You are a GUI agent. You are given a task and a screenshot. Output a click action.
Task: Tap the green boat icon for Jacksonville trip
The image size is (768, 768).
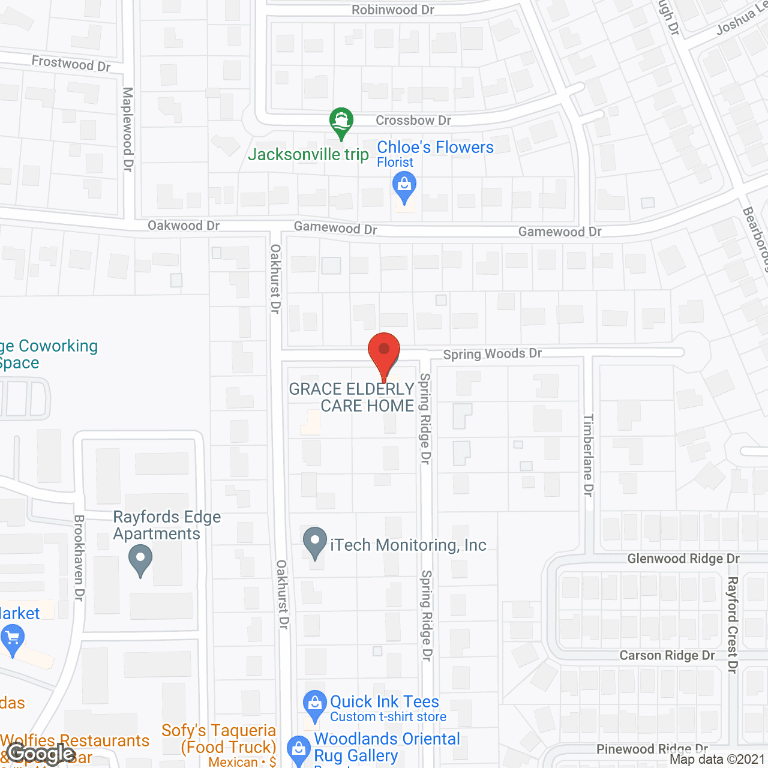341,122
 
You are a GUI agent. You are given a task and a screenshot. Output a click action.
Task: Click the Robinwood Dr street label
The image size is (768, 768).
392,10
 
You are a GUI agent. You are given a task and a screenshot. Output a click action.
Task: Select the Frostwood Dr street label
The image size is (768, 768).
71,63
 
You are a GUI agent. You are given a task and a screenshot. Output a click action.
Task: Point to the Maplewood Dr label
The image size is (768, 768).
128,129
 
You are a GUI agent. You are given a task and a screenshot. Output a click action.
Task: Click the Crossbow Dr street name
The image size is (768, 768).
413,121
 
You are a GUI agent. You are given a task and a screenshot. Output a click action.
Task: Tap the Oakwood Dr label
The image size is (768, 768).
184,226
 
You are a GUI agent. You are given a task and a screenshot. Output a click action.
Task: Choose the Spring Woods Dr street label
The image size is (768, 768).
492,354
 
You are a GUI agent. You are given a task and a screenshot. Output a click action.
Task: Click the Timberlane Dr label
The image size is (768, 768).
588,455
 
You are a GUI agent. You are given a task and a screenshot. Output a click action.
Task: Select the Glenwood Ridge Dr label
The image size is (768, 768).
683,559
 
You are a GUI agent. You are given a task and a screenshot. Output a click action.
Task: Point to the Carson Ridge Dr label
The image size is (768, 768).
667,655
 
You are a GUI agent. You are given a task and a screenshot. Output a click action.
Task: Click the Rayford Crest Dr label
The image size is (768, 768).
732,625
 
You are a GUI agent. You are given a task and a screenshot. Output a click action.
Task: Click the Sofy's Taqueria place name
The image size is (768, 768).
220,739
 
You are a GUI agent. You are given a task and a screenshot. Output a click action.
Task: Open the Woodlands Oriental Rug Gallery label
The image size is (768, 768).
386,747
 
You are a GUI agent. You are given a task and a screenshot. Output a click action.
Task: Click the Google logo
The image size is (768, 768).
41,754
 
